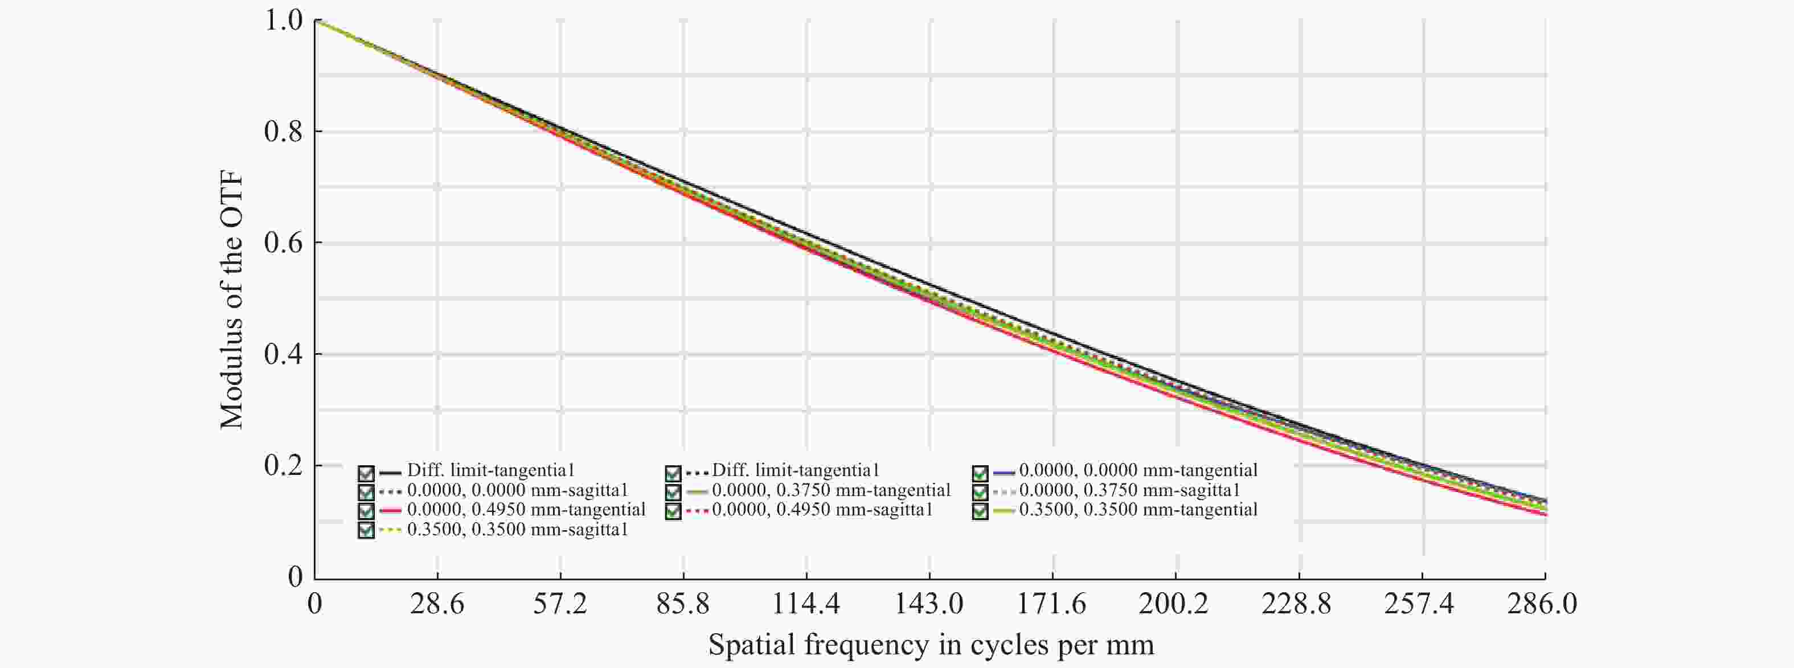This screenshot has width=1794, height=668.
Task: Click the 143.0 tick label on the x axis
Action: click(x=929, y=603)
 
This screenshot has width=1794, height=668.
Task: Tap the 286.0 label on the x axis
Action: click(x=1542, y=603)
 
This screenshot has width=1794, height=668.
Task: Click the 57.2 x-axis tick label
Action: click(x=560, y=603)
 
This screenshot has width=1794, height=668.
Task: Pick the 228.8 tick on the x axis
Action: click(x=1297, y=603)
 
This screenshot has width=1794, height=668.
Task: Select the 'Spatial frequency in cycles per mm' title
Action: click(x=931, y=644)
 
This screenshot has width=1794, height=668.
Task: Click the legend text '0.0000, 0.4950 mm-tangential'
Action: click(x=526, y=510)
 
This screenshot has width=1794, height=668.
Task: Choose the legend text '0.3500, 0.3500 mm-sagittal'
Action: click(x=518, y=530)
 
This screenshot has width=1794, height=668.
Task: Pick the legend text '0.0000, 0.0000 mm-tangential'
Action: click(x=1138, y=471)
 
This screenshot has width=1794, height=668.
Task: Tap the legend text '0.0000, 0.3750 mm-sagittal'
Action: click(x=1129, y=490)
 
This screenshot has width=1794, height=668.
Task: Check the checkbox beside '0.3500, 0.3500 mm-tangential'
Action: click(x=980, y=511)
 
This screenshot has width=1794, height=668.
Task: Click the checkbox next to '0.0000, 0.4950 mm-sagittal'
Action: click(x=673, y=511)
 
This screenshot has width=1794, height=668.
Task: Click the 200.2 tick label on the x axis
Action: click(x=1174, y=603)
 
